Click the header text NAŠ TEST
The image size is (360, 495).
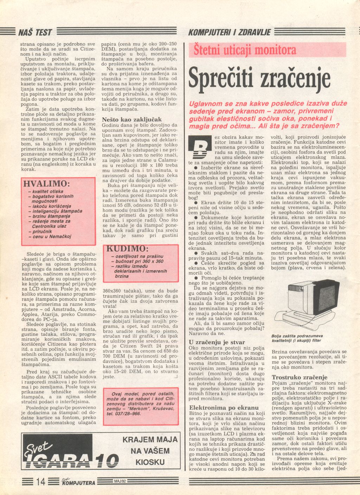coord(35,33)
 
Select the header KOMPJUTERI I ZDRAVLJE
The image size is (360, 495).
coord(230,33)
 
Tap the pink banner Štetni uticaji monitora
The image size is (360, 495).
coord(245,50)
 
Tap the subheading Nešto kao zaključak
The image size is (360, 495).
coord(132,119)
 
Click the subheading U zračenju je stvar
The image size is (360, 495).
coord(217,342)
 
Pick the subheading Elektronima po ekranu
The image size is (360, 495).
coord(224,408)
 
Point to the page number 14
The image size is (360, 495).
coord(41,482)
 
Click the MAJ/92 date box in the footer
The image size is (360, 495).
coord(120,481)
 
